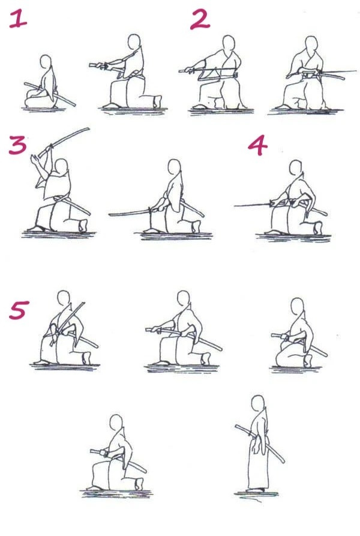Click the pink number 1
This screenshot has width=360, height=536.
(x=18, y=18)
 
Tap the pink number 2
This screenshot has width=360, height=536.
(x=200, y=19)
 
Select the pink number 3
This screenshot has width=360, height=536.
(x=17, y=145)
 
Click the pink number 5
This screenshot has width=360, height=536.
(x=19, y=310)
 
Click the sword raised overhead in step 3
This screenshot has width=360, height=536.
(x=64, y=142)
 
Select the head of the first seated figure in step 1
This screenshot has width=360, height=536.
(x=46, y=63)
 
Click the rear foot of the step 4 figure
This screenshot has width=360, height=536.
(x=318, y=227)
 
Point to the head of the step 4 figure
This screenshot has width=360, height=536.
(x=296, y=168)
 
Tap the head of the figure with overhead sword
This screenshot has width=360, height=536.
(x=61, y=167)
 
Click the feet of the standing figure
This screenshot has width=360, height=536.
(x=257, y=490)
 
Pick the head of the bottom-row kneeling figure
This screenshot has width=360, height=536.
(x=116, y=423)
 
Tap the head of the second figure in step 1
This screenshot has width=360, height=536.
(x=134, y=43)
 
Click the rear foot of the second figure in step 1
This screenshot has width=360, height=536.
(x=157, y=101)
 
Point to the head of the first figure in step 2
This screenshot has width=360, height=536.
(x=229, y=44)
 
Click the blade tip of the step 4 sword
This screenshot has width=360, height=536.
(x=235, y=206)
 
